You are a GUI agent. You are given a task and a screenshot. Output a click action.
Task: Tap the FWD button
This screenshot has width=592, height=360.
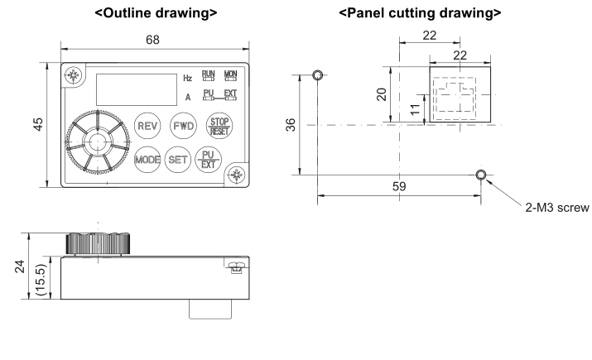(182, 126)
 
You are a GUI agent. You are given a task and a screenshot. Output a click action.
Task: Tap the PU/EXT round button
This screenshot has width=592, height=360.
(207, 159)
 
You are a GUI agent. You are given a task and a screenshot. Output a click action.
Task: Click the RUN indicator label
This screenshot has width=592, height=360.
(209, 76)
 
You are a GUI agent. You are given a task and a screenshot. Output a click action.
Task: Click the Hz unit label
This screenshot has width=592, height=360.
(187, 79)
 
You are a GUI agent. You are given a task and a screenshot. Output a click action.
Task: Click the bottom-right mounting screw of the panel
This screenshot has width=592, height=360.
(237, 174)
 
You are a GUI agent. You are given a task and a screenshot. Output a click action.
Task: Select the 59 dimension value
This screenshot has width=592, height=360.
(399, 187)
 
